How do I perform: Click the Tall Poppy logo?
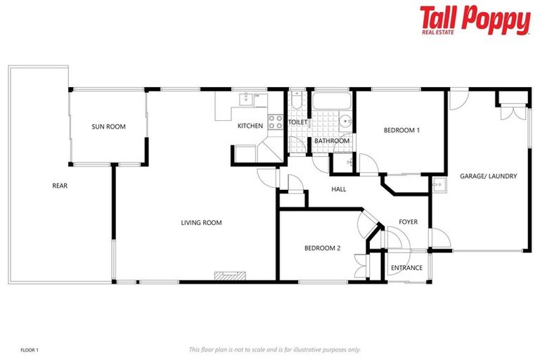pyautogui.click(x=475, y=20)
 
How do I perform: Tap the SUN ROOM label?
pyautogui.click(x=108, y=127)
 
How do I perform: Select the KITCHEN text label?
pyautogui.click(x=250, y=127)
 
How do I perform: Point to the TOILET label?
pyautogui.click(x=298, y=122)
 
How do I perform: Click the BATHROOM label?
pyautogui.click(x=332, y=141)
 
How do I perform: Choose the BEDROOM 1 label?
pyautogui.click(x=401, y=130)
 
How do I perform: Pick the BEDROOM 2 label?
pyautogui.click(x=322, y=248)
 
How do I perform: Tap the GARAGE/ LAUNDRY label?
pyautogui.click(x=489, y=176)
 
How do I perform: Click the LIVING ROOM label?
pyautogui.click(x=201, y=223)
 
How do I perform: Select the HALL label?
pyautogui.click(x=339, y=189)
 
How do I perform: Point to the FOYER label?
pyautogui.click(x=408, y=222)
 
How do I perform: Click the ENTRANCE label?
pyautogui.click(x=406, y=268)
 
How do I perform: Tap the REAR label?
pyautogui.click(x=60, y=186)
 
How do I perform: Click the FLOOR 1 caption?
pyautogui.click(x=29, y=349)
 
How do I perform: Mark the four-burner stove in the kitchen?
pyautogui.click(x=275, y=121)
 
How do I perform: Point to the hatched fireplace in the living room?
pyautogui.click(x=229, y=276)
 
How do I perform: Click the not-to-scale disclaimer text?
pyautogui.click(x=274, y=349)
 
